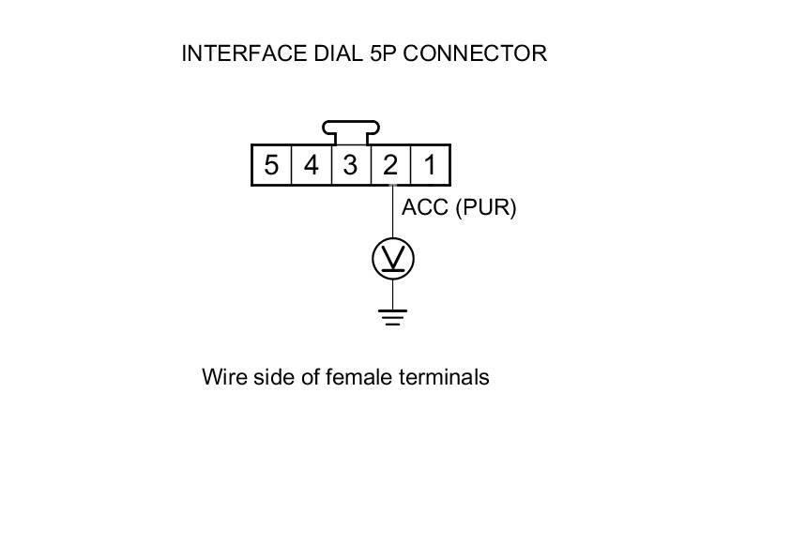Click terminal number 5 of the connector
[271, 166]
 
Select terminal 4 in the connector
[311, 166]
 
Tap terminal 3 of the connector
[350, 166]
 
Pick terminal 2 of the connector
[389, 166]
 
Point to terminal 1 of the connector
[429, 166]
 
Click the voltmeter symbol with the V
[393, 259]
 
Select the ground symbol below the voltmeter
[393, 316]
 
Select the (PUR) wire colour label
[486, 207]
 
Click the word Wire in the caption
[222, 377]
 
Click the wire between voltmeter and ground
[393, 293]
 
